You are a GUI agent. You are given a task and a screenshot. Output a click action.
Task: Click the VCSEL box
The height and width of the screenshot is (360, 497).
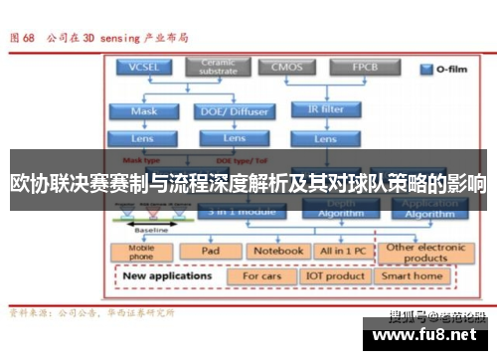[x=145, y=68]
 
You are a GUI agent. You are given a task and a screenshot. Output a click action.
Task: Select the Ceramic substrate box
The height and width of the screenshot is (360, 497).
[x=218, y=67]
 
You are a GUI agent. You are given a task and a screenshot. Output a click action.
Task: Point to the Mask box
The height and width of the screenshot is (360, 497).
[x=145, y=111]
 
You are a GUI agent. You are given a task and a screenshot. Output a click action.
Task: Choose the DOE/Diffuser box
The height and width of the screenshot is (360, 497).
[x=235, y=111]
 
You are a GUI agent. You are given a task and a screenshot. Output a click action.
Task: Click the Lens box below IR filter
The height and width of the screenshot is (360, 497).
[x=326, y=138]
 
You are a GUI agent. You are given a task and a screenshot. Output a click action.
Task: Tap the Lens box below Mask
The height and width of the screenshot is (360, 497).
[x=145, y=138]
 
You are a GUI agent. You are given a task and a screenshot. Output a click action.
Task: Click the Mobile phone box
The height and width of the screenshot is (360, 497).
[x=143, y=252]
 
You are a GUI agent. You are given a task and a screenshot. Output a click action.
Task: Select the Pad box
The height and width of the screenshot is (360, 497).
[x=211, y=251]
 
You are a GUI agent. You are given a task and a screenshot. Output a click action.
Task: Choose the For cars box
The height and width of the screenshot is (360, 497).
[x=262, y=275]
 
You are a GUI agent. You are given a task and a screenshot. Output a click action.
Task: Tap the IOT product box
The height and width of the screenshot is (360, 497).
[x=335, y=275]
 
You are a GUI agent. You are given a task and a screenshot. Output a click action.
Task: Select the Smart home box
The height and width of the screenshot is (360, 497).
[x=413, y=275]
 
